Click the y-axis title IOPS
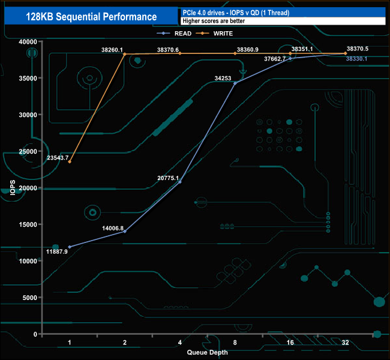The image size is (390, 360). click(x=13, y=187)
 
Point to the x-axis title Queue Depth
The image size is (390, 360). click(x=207, y=352)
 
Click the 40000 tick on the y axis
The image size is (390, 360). click(x=28, y=41)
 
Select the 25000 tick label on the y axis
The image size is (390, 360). click(x=28, y=151)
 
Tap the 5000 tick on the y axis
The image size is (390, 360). click(x=30, y=298)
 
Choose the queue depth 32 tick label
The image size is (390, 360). click(x=345, y=343)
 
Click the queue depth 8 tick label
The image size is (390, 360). click(x=235, y=343)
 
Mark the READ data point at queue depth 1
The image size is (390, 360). click(x=70, y=247)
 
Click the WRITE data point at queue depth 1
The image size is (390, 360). click(x=70, y=161)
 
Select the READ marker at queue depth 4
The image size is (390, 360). click(x=180, y=182)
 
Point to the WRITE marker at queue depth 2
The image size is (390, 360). click(x=125, y=54)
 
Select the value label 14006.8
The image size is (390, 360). click(x=113, y=228)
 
